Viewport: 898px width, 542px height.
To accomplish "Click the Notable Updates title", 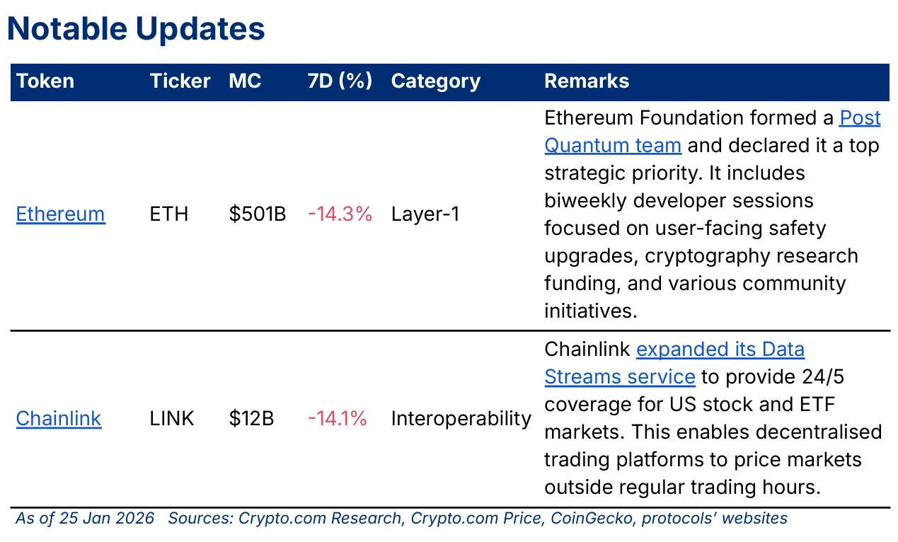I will click(136, 29).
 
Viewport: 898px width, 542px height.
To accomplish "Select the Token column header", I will click(45, 81).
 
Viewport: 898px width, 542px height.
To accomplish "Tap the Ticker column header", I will click(180, 81).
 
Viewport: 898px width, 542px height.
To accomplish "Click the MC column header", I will click(245, 81).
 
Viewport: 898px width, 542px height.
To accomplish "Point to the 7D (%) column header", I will click(340, 81).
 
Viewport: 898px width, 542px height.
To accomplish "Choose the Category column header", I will click(435, 81).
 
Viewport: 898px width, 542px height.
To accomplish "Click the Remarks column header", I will click(586, 81).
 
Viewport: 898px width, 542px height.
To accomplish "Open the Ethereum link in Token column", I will click(61, 214).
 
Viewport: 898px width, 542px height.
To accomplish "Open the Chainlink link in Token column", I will click(59, 419).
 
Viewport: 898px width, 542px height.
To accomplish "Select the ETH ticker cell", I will click(169, 214).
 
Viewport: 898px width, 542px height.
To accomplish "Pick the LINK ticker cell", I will click(172, 419).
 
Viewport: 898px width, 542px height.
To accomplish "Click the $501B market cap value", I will click(258, 214).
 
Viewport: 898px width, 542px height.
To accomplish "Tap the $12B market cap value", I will click(251, 419).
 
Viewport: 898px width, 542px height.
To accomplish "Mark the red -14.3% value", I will click(340, 214).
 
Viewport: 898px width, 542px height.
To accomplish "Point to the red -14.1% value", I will click(338, 419).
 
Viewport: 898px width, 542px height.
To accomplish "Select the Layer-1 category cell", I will click(425, 214).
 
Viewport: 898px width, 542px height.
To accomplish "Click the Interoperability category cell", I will click(461, 419).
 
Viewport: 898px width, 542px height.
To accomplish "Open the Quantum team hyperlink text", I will click(613, 146).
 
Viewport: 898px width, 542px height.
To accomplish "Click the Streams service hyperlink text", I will click(620, 377).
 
